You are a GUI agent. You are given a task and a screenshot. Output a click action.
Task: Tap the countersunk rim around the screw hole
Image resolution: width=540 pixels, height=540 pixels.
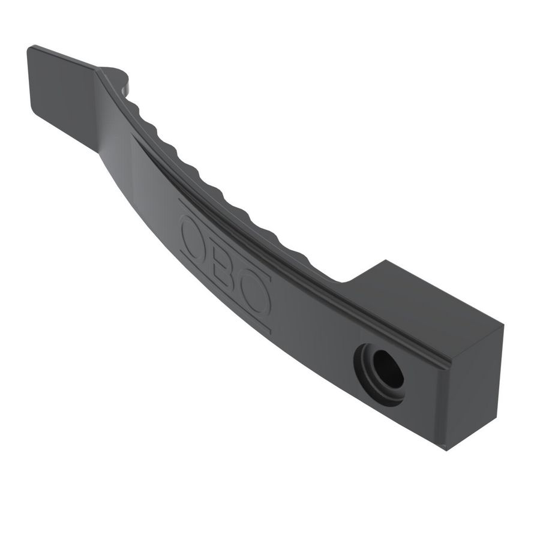coord(367,379)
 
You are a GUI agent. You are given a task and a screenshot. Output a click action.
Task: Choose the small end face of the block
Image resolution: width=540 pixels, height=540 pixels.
coord(474,384)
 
